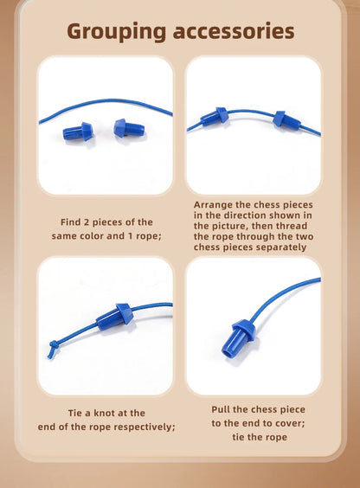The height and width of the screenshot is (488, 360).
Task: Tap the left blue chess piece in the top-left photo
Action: point(77,132)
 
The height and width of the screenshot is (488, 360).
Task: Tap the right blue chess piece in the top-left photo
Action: point(128,127)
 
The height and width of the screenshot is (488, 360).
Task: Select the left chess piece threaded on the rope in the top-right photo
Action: point(214,117)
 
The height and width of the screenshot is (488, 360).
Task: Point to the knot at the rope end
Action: point(54,348)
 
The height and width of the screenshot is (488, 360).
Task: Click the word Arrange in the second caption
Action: point(215,205)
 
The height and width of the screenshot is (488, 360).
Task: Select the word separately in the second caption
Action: point(279,247)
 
